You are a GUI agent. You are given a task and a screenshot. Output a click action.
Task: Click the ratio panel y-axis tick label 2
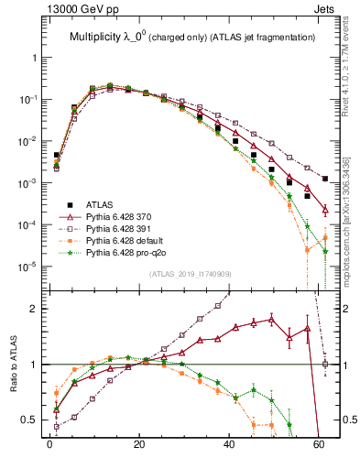coord(35,309)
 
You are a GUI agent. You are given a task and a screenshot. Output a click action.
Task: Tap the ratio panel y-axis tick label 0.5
coord(31,420)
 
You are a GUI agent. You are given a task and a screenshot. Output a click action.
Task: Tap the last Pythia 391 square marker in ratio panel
coord(325,365)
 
